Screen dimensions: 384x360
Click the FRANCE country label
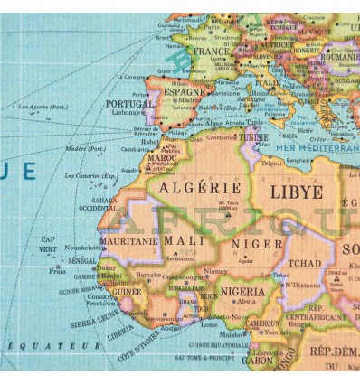209,52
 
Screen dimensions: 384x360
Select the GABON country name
258,361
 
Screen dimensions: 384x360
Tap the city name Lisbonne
127,113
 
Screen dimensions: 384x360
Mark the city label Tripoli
272,164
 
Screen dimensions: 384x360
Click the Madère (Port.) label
86,149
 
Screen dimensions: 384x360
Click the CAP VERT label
49,245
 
